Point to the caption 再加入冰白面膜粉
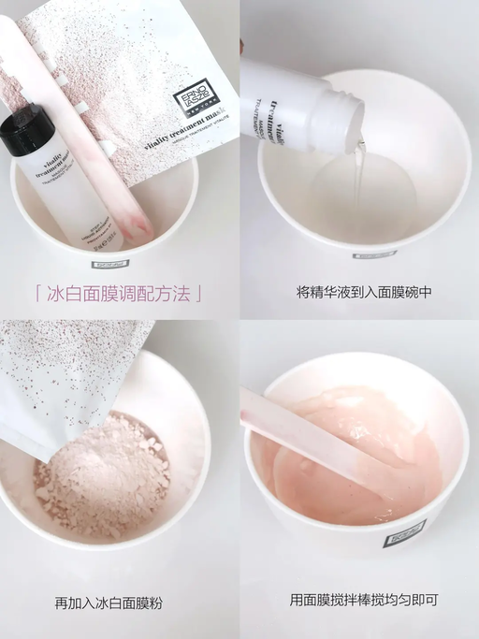(x=109, y=603)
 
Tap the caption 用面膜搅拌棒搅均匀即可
(x=363, y=600)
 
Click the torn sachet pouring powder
(x=65, y=374)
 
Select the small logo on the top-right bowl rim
(x=374, y=254)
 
